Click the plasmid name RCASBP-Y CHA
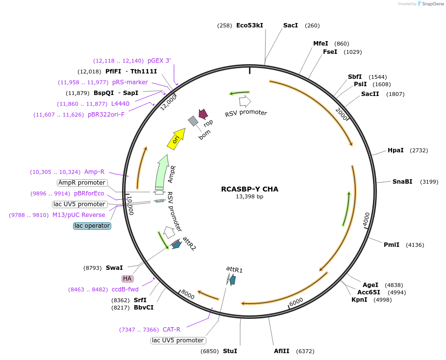click(x=249, y=189)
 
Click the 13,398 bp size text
click(x=249, y=197)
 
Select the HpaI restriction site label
click(x=396, y=150)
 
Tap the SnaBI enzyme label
click(x=402, y=182)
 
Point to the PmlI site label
click(x=392, y=245)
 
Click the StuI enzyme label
click(x=230, y=351)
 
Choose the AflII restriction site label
click(x=282, y=351)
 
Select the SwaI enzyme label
click(x=114, y=268)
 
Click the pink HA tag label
click(x=127, y=279)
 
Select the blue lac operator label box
click(x=92, y=226)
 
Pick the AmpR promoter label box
click(x=81, y=183)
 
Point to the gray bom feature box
click(x=193, y=120)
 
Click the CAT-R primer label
click(x=172, y=330)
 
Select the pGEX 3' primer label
click(x=159, y=61)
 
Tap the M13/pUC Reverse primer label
click(x=79, y=215)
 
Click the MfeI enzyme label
click(x=321, y=44)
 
